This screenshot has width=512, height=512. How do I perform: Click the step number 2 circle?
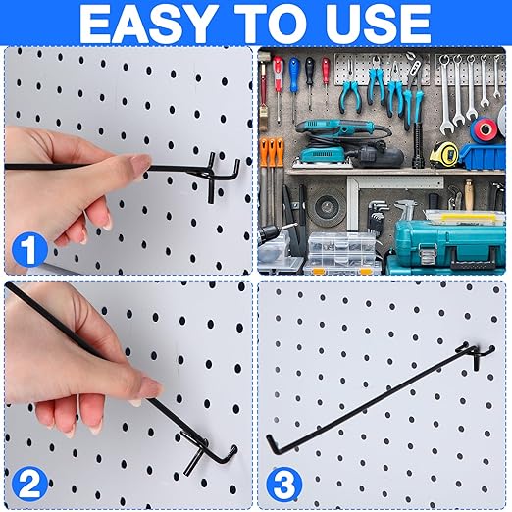(x=30, y=483)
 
